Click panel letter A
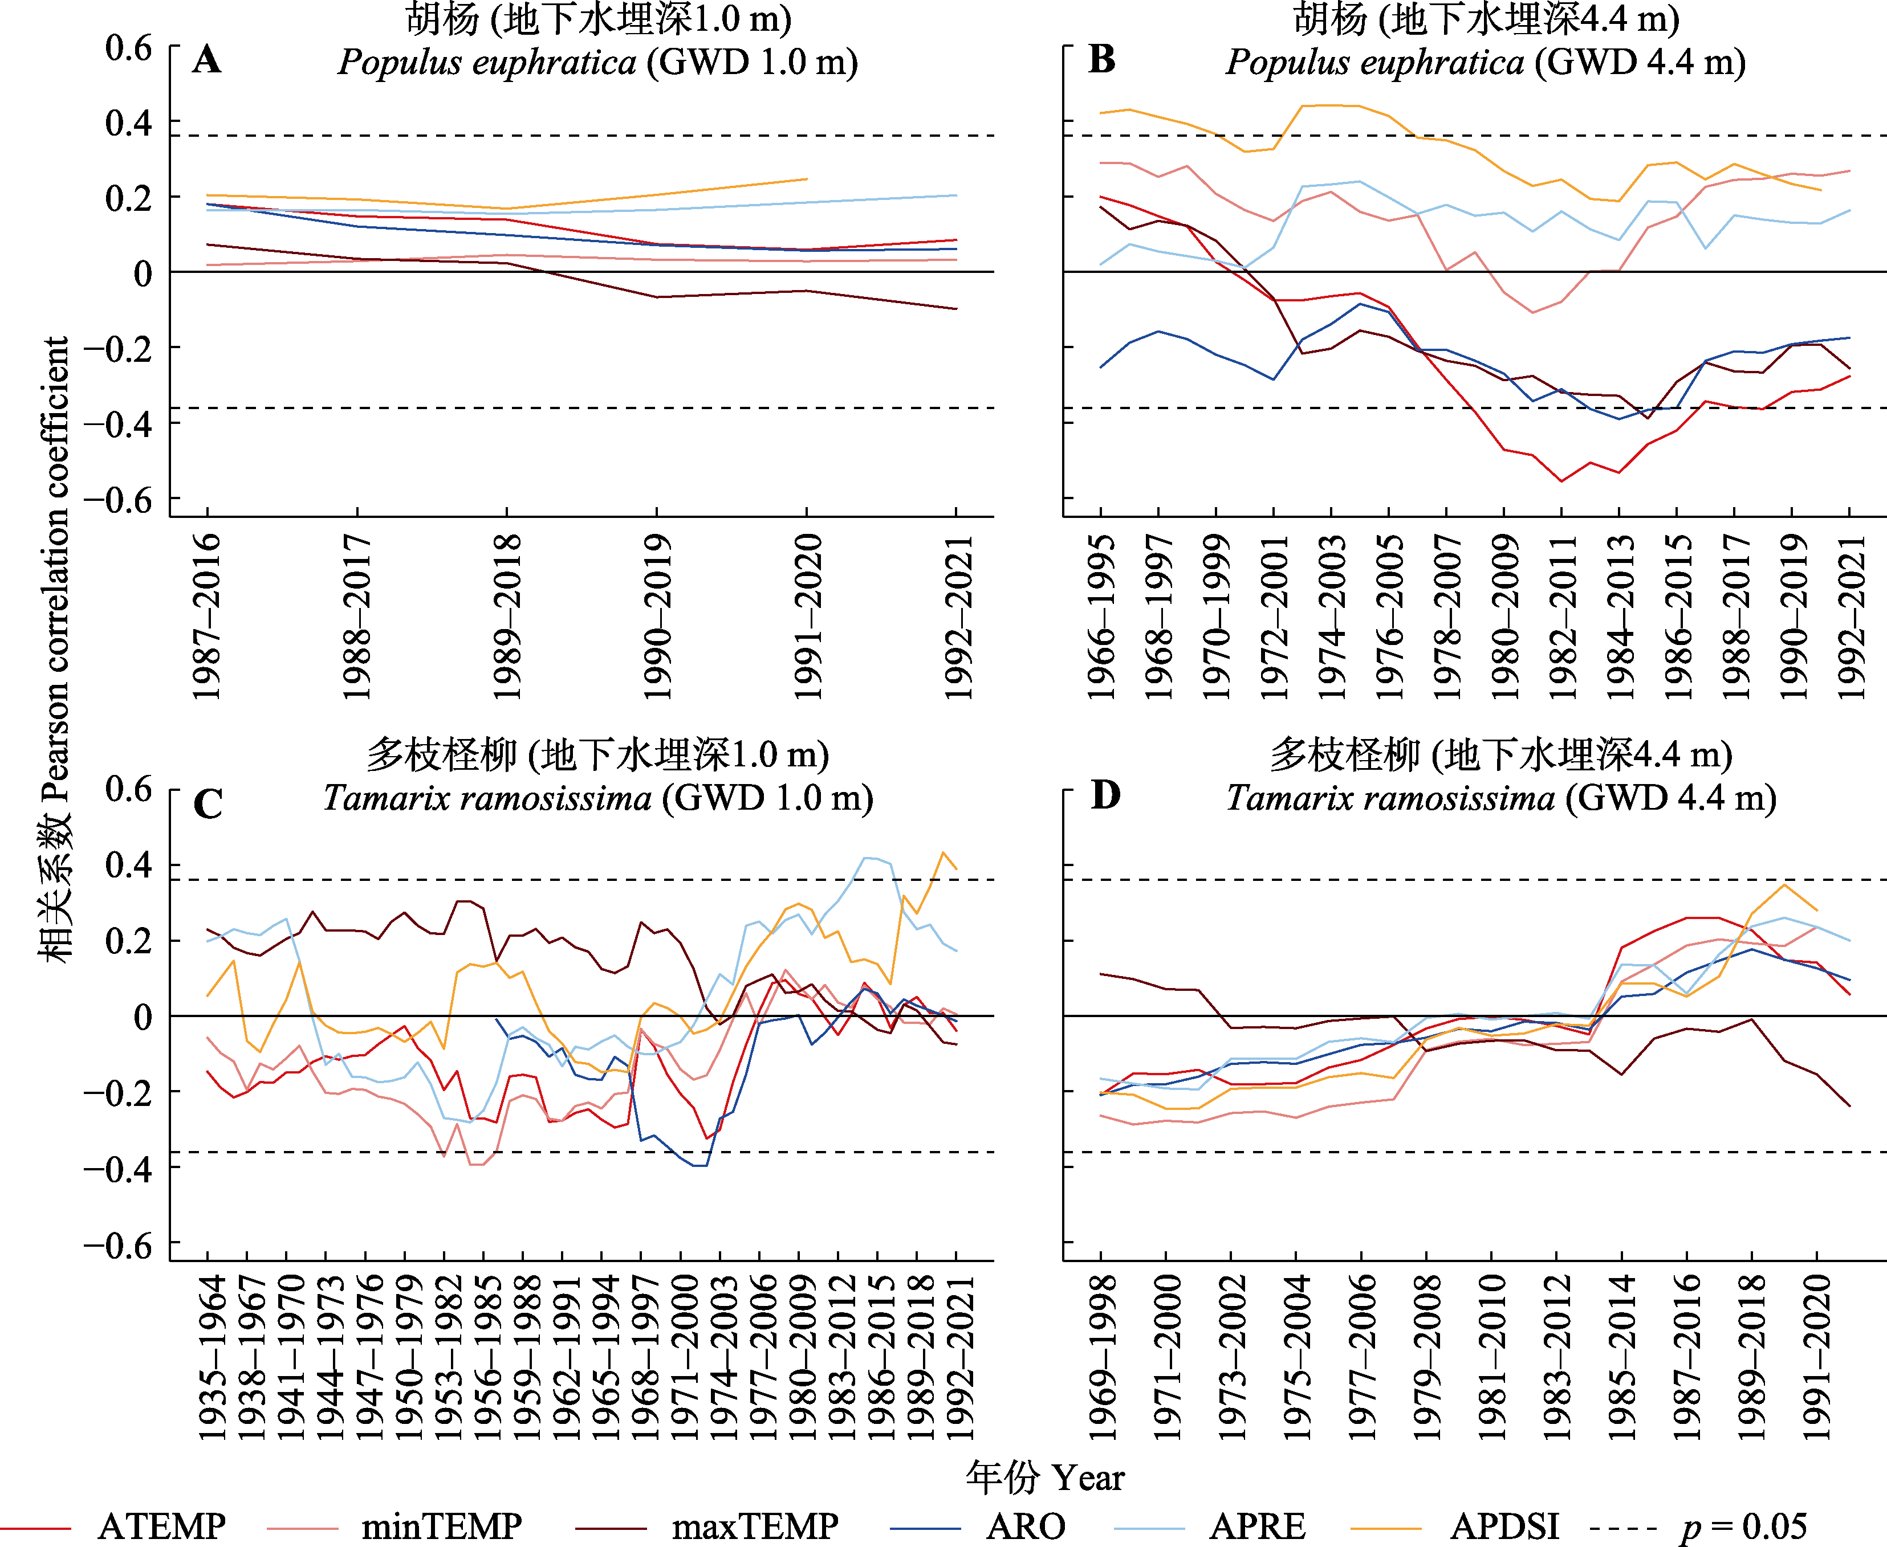coord(207,60)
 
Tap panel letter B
coord(1102,60)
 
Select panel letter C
coord(208,804)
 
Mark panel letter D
coord(1105,795)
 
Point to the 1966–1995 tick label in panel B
coord(1102,617)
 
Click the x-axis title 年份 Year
coord(1044,1476)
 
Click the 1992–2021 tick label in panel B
coord(1851,617)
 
